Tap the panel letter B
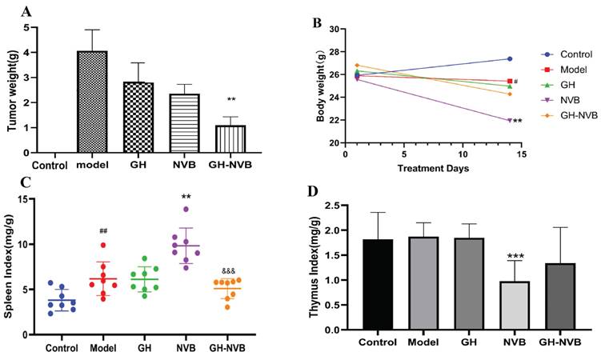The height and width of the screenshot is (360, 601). pyautogui.click(x=316, y=22)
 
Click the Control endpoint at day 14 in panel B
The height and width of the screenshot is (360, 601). pyautogui.click(x=511, y=58)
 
